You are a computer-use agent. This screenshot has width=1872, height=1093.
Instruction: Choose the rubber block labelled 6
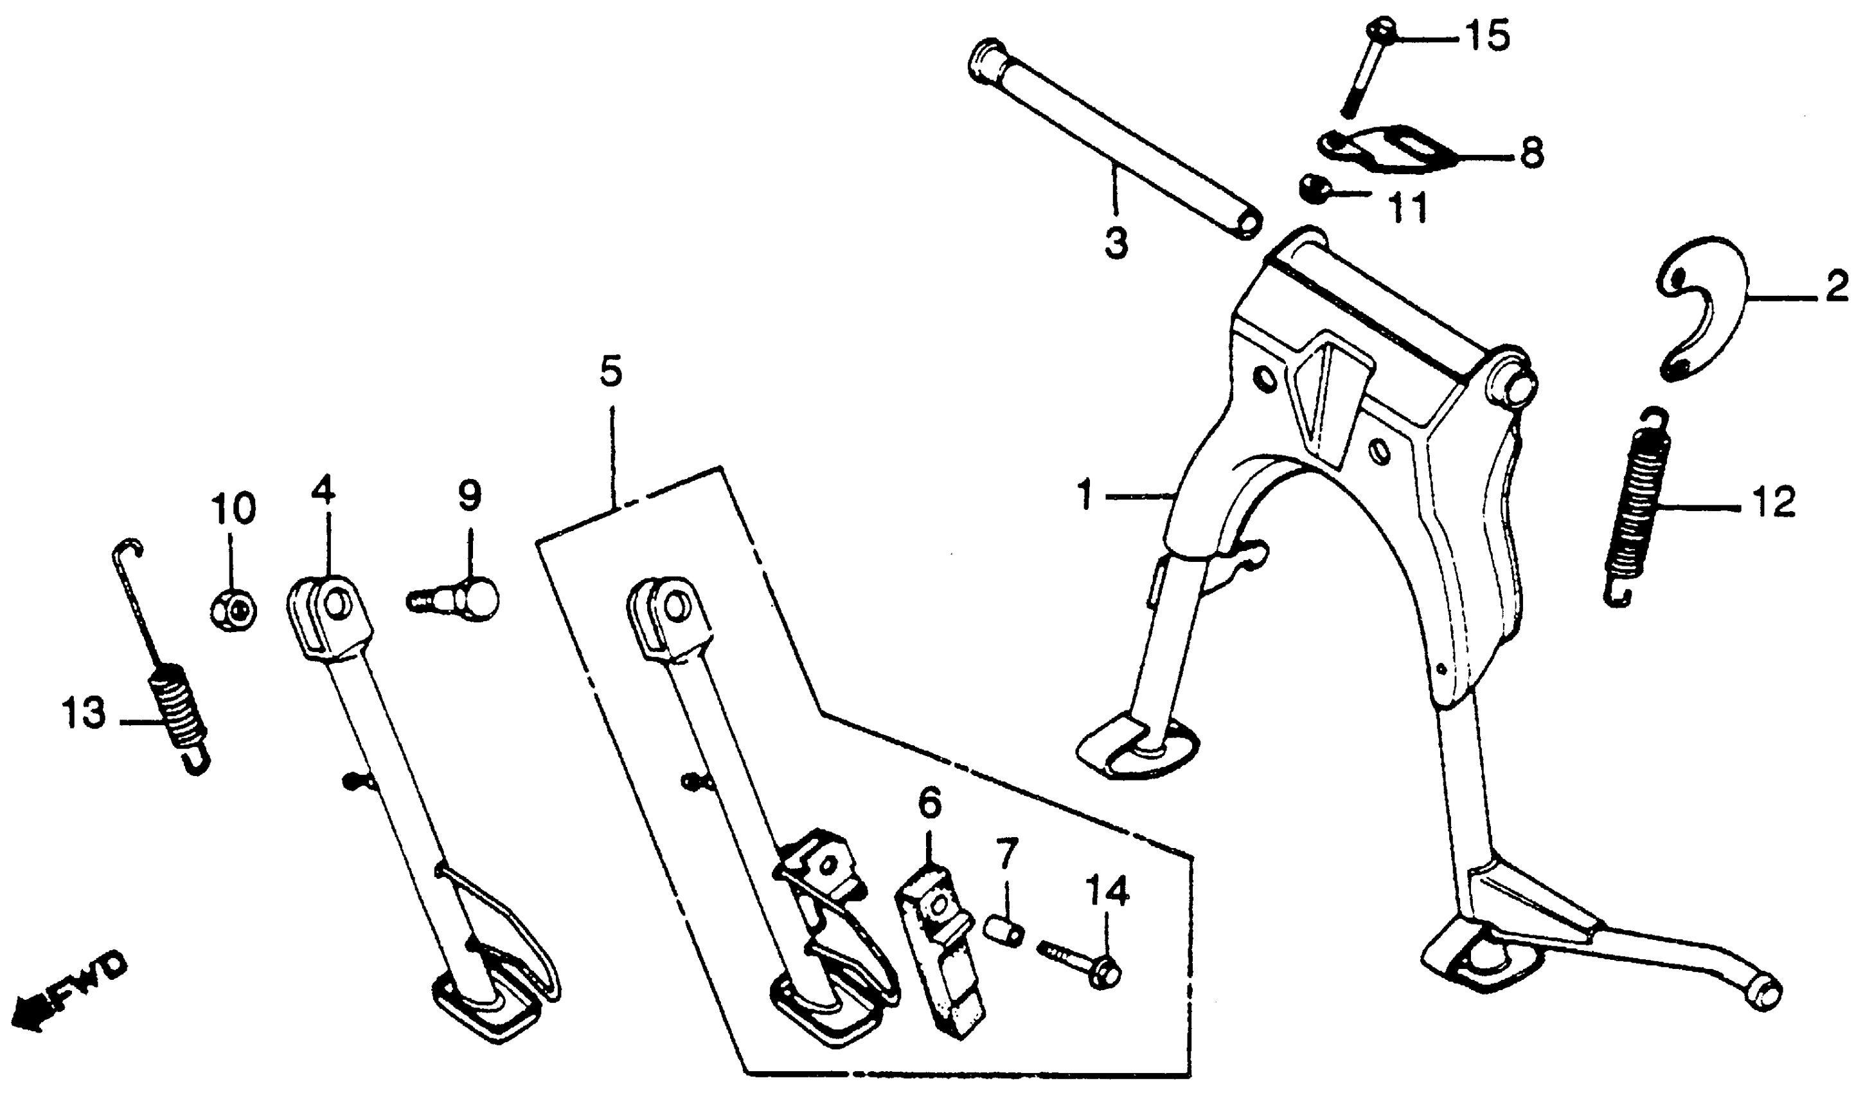[x=940, y=947]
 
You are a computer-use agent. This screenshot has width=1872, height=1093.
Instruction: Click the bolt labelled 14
[x=1081, y=964]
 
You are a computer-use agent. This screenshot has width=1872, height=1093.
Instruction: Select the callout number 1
[x=1086, y=496]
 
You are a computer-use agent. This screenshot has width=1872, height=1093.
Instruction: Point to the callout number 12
[x=1774, y=503]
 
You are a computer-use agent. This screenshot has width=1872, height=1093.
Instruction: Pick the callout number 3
[x=1116, y=242]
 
